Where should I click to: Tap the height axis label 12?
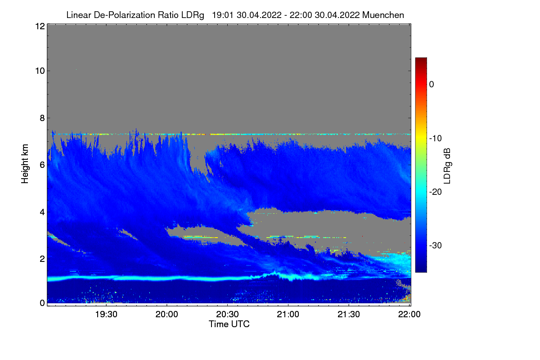[39, 27]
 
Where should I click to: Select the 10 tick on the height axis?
[39, 71]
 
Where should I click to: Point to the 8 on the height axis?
[42, 118]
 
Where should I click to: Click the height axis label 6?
[42, 165]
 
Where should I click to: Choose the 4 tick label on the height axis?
[42, 212]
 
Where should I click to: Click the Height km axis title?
[25, 163]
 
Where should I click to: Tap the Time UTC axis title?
[229, 324]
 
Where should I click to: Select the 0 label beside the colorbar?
[432, 85]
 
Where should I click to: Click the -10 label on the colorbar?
[436, 138]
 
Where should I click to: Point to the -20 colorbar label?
[436, 192]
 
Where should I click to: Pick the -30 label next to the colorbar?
[436, 246]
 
